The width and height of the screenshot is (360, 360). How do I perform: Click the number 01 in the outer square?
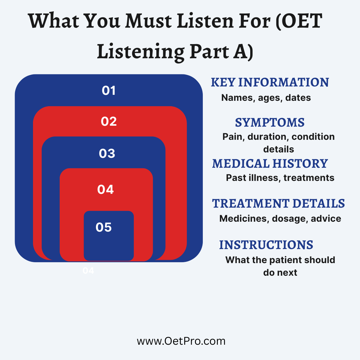click(x=109, y=91)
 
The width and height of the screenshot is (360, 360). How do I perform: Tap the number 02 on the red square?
click(x=109, y=121)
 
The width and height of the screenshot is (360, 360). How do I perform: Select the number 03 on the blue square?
click(x=107, y=154)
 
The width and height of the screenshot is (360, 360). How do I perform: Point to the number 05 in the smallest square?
click(x=103, y=227)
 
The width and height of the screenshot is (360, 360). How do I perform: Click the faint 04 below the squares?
click(x=88, y=271)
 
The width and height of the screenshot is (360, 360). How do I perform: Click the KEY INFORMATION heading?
click(x=270, y=82)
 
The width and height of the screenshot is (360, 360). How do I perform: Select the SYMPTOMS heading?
click(x=270, y=123)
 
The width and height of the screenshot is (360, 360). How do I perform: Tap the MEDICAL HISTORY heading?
click(x=270, y=164)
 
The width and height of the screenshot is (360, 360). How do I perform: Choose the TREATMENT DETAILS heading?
click(x=278, y=203)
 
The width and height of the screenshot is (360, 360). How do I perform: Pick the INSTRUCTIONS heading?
click(x=266, y=245)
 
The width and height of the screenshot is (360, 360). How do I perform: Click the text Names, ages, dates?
click(x=266, y=98)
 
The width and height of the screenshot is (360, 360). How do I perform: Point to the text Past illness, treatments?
click(x=280, y=178)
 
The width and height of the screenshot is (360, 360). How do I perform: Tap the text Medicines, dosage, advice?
click(x=280, y=219)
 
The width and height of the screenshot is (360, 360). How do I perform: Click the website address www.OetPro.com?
click(x=181, y=341)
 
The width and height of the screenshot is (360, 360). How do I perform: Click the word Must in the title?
click(x=148, y=21)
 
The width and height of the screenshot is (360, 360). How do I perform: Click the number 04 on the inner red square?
click(x=105, y=189)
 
